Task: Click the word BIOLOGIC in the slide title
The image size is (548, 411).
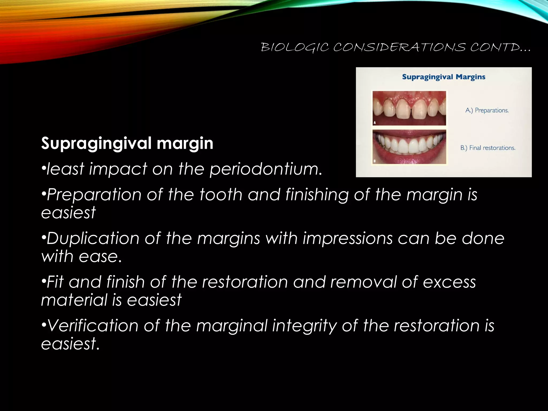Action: coord(295,48)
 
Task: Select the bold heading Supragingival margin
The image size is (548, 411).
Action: coord(127,143)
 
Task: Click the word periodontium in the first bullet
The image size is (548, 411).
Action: coord(266,169)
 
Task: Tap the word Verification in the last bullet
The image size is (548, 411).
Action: coord(93,326)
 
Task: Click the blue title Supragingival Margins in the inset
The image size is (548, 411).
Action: coord(444,77)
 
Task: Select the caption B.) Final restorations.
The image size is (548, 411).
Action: coord(488,148)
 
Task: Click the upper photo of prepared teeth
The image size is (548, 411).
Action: coord(409,108)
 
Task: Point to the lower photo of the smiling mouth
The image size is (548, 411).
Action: coord(409,147)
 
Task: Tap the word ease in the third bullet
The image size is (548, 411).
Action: coord(98,256)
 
